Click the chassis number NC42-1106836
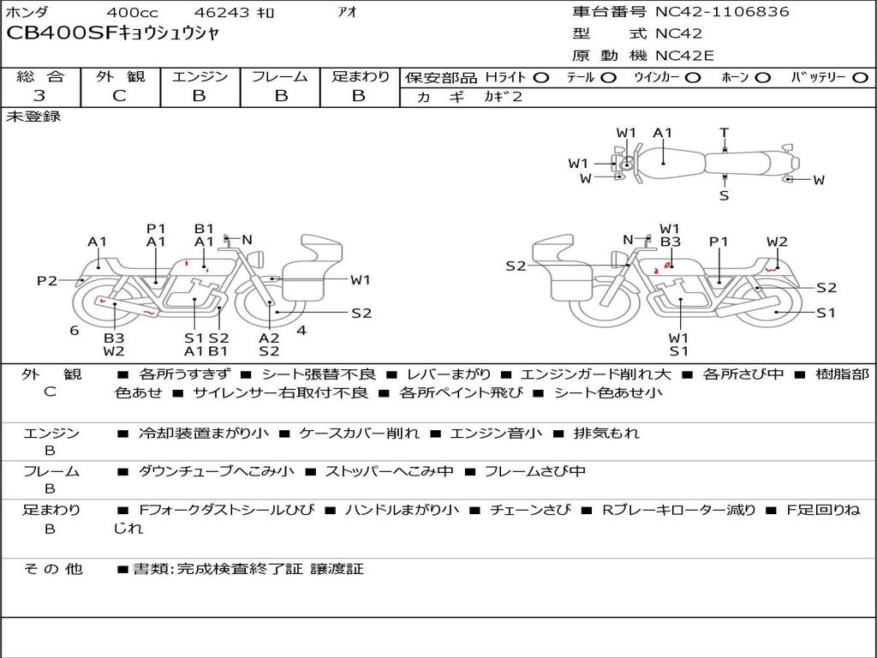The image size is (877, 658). coord(722,12)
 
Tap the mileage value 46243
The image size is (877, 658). coord(221,13)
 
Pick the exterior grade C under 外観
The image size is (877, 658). coord(119,96)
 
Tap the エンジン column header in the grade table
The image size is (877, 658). coord(200,77)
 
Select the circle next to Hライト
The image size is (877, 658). coord(540,78)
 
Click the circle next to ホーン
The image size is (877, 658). coord(762,78)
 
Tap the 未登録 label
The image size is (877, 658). coord(34,117)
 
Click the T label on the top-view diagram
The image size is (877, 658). coord(724,133)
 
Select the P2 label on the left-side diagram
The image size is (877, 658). coord(47,280)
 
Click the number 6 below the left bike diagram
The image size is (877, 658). coord(75,331)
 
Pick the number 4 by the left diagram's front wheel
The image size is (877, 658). coord(301,331)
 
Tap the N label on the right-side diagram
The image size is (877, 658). coord(628,240)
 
